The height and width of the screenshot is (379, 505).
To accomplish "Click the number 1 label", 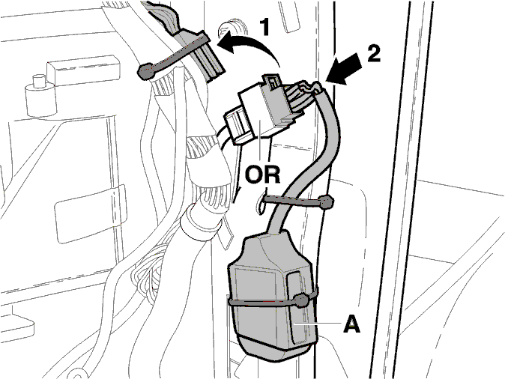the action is [264, 27].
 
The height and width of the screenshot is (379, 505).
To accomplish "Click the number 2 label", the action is [374, 53].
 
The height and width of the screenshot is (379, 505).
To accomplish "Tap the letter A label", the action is [351, 324].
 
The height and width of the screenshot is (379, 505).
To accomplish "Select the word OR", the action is [262, 175].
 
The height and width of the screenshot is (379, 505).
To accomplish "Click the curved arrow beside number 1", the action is [248, 45].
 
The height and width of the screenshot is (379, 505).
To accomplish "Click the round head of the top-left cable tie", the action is [147, 71].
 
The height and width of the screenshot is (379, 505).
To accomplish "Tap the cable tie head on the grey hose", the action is [326, 202].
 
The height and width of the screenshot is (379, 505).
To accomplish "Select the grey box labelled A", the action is [271, 294].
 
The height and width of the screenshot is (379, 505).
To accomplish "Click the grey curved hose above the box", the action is [309, 154].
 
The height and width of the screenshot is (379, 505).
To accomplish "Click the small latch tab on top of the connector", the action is [272, 80].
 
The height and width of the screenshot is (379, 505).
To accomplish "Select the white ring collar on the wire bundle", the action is [200, 223].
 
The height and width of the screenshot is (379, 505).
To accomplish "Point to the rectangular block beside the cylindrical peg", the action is [84, 70].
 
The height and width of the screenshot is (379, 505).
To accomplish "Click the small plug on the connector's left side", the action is [236, 126].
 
